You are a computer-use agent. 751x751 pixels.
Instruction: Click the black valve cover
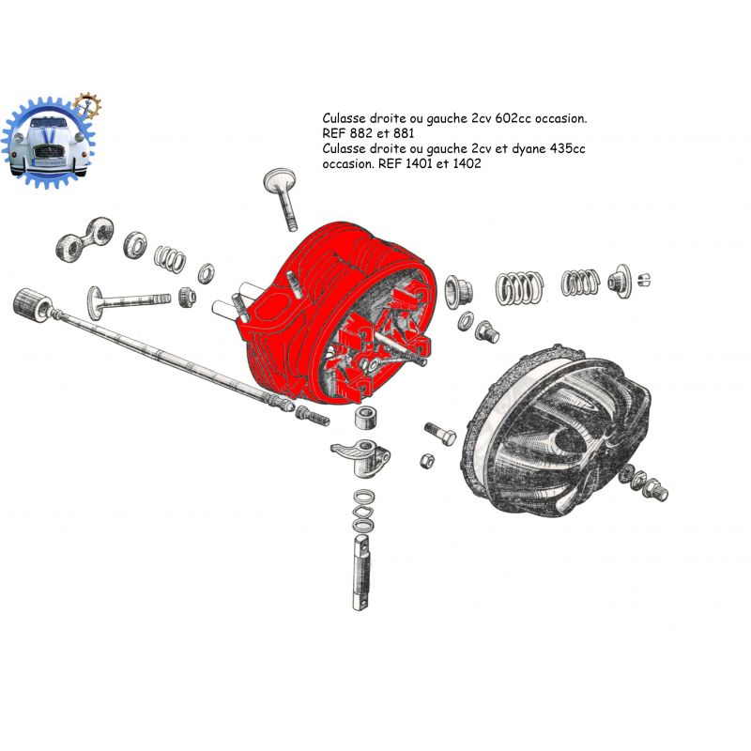pos(556,431)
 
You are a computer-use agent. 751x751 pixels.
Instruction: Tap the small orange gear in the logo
pos(87,106)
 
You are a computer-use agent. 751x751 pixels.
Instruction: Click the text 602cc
pos(513,118)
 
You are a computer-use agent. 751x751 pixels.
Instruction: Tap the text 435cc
pos(567,148)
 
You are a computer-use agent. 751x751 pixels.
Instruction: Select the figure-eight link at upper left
pos(84,239)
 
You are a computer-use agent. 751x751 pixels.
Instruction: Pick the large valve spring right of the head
pos(519,288)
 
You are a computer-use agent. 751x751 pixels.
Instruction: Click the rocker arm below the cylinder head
pos(361,456)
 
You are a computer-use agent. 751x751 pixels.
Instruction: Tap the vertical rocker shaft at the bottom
pos(361,573)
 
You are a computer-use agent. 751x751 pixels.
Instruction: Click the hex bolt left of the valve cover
pos(440,434)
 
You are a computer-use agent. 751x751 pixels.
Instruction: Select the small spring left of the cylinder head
pos(170,259)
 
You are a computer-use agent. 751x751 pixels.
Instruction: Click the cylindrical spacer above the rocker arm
pos(367,418)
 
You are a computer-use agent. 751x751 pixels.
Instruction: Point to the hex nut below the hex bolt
pos(427,461)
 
